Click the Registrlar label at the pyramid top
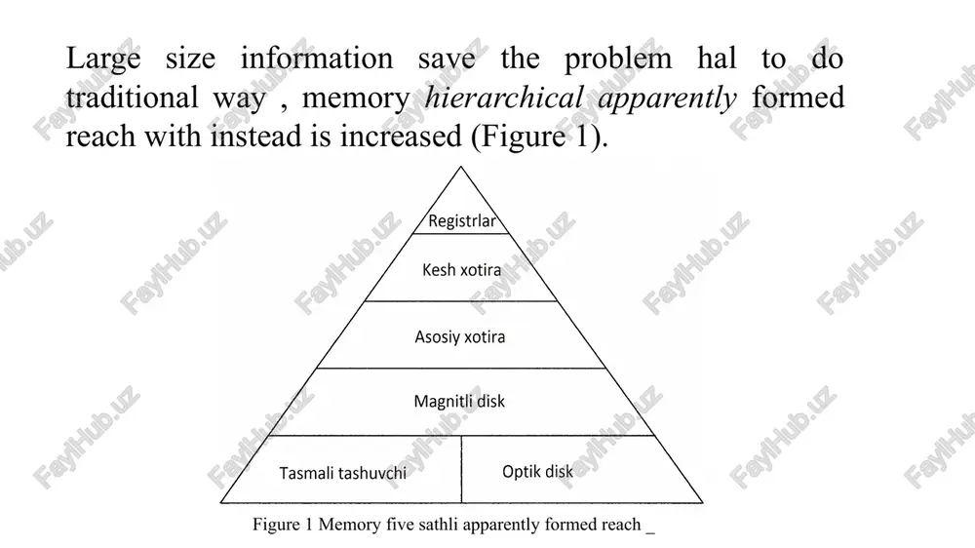462,220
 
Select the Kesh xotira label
461,270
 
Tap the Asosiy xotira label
460,337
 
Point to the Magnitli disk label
459,402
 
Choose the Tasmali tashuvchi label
342,473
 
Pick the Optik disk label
538,472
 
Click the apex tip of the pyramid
461,167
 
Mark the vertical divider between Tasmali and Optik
461,469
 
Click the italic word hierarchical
504,98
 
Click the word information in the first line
317,59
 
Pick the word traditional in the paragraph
132,98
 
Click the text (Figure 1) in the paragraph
539,137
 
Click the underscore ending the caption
650,532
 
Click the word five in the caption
399,525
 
